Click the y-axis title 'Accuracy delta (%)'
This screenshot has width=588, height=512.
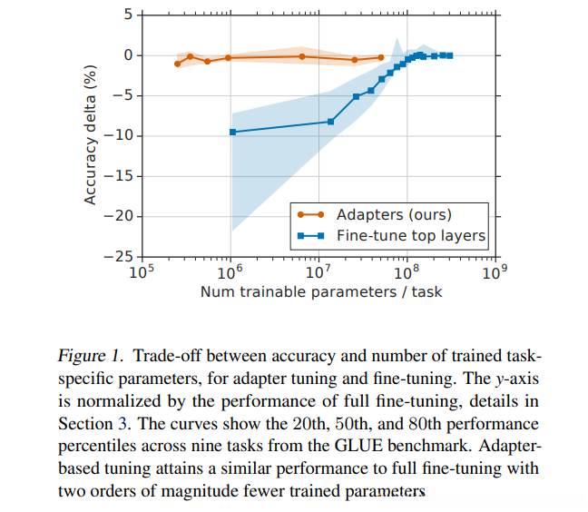91,134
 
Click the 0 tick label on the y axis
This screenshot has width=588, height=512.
128,55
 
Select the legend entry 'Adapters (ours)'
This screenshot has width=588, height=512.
393,215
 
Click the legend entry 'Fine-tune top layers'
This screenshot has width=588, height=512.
411,236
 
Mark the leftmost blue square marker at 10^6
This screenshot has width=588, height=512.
233,132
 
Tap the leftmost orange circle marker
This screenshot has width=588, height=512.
177,64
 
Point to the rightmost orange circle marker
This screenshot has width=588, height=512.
381,57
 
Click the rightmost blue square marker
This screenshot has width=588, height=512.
450,55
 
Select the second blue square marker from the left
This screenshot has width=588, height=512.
330,122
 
